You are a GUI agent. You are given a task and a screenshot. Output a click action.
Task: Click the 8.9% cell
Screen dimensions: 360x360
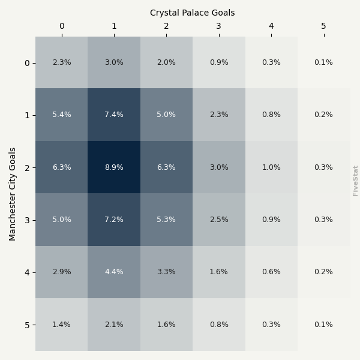pyautogui.click(x=114, y=167)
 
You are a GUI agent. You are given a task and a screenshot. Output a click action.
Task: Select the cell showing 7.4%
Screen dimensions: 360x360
pyautogui.click(x=114, y=115)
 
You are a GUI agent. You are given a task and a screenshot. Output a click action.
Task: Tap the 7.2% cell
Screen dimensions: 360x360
pyautogui.click(x=114, y=220)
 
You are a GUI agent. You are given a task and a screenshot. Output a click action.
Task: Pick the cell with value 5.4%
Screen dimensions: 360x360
pyautogui.click(x=61, y=115)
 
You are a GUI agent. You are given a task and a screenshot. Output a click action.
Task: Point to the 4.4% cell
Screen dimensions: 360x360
pyautogui.click(x=114, y=272)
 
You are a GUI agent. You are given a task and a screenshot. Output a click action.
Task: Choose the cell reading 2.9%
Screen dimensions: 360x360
pyautogui.click(x=61, y=272)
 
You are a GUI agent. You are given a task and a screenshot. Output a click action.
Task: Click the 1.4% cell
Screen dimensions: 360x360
pyautogui.click(x=61, y=325)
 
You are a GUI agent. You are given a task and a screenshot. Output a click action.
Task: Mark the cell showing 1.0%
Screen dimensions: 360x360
pyautogui.click(x=271, y=167)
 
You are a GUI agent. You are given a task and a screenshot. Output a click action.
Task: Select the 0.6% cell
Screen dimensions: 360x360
pyautogui.click(x=271, y=272)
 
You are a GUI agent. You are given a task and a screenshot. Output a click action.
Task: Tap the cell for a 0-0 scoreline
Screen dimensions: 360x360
pyautogui.click(x=61, y=62)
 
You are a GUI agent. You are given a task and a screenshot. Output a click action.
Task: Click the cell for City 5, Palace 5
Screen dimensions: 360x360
pyautogui.click(x=323, y=325)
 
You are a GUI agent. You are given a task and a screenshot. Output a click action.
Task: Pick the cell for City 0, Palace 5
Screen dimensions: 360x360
pyautogui.click(x=323, y=62)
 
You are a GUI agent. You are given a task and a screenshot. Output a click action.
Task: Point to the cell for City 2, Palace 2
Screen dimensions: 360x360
pyautogui.click(x=166, y=167)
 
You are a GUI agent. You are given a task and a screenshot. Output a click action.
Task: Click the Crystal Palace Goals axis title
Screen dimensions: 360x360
pyautogui.click(x=193, y=13)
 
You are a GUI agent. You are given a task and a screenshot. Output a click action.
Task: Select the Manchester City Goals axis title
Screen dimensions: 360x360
pyautogui.click(x=13, y=194)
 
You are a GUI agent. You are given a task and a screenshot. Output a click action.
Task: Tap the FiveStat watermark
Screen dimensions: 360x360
pyautogui.click(x=356, y=181)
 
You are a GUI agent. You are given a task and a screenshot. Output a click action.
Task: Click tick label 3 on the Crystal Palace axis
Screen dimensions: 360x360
pyautogui.click(x=218, y=26)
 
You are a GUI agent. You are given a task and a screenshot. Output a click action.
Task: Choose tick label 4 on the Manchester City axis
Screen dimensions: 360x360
pyautogui.click(x=26, y=272)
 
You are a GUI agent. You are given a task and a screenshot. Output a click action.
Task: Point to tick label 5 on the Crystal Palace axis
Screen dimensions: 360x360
pyautogui.click(x=323, y=26)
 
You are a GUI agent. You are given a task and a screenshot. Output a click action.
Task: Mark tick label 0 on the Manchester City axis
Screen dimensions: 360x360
pyautogui.click(x=26, y=63)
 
